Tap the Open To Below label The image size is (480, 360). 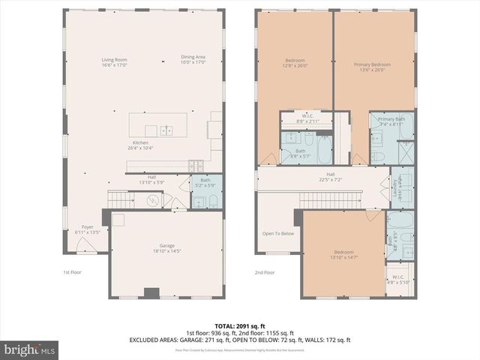[278, 233]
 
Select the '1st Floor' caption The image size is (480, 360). [73, 272]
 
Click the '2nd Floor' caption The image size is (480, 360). [265, 272]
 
